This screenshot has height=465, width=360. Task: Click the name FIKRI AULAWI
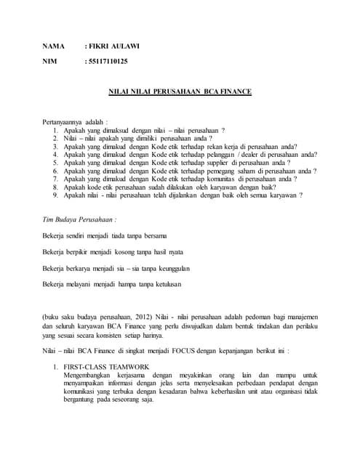click(x=114, y=46)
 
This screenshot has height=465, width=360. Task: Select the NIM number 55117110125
click(x=109, y=62)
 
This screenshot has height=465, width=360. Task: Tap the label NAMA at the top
click(x=54, y=46)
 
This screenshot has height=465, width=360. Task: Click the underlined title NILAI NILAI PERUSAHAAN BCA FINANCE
click(x=180, y=92)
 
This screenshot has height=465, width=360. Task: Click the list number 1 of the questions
click(x=56, y=129)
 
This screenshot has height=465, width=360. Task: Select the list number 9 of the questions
click(x=56, y=195)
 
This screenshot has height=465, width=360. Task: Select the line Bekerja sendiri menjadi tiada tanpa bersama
click(x=105, y=235)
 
